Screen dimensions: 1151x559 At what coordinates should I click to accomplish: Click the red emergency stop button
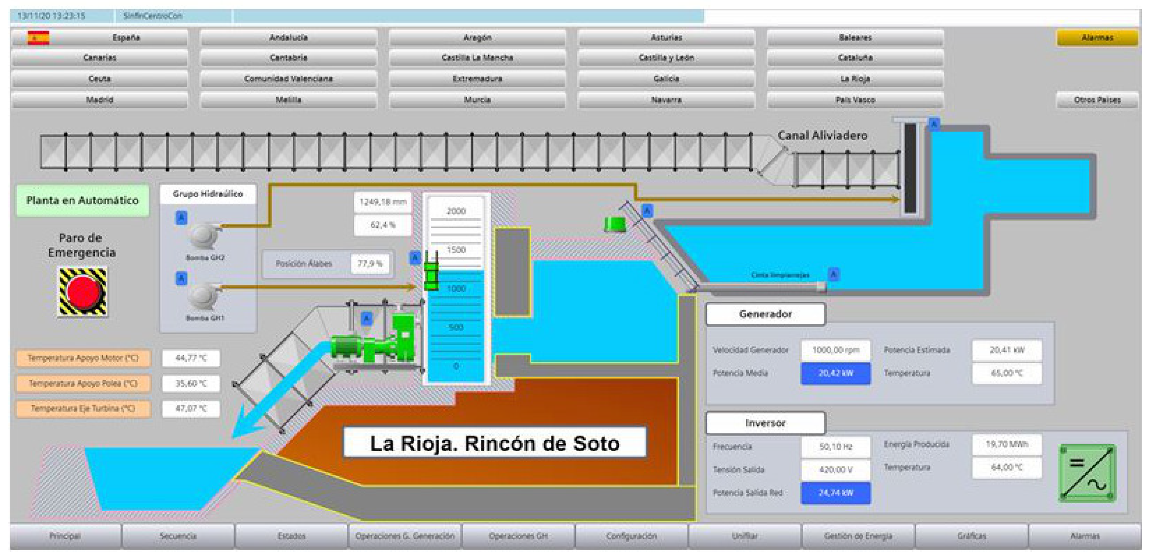click(83, 292)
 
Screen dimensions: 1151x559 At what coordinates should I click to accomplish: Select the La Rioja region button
click(855, 79)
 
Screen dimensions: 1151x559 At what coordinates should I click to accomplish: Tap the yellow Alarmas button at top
click(1097, 37)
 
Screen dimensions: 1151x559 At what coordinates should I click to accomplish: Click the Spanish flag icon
click(38, 38)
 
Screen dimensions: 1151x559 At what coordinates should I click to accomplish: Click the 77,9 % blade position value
click(370, 264)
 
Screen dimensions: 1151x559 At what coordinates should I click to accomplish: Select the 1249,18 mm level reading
click(383, 202)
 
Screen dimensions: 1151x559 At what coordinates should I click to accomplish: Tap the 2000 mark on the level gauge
click(456, 211)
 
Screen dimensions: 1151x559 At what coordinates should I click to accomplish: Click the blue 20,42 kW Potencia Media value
click(835, 373)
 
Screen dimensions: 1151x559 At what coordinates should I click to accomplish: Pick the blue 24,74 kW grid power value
click(835, 493)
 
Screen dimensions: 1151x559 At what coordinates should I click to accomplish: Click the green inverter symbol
click(1087, 473)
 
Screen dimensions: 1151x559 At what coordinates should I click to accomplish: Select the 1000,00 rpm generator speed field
click(835, 350)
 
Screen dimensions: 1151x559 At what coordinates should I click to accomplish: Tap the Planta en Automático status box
click(82, 200)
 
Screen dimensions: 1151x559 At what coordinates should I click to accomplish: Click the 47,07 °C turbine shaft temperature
click(191, 408)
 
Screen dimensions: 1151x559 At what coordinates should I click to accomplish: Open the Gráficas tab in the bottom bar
click(972, 536)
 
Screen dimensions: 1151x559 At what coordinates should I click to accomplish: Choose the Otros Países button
click(1097, 100)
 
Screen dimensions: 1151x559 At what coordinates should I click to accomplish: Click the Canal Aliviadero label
click(822, 135)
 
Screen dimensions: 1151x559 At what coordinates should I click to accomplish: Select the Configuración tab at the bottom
click(631, 536)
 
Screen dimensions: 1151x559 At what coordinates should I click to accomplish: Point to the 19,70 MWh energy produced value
click(1007, 444)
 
